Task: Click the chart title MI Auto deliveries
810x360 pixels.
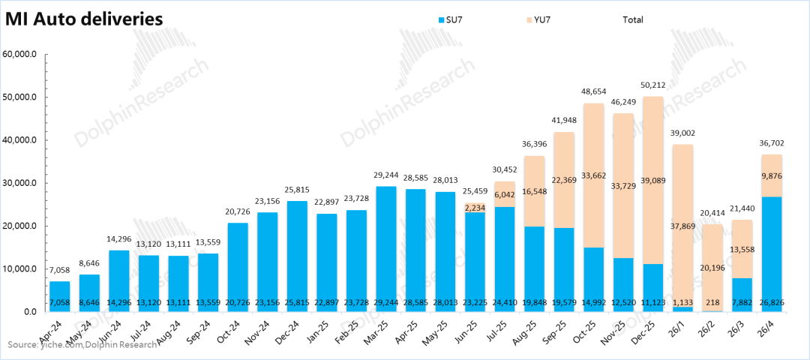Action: click(84, 19)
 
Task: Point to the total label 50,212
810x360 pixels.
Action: click(655, 85)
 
